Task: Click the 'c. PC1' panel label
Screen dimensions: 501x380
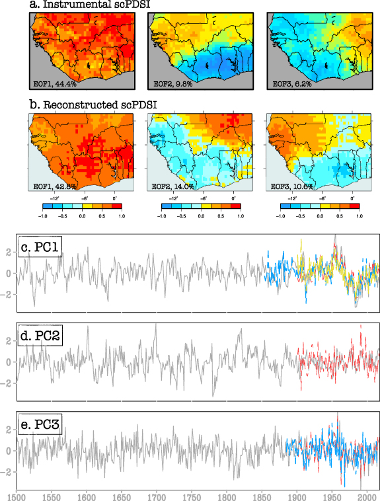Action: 41,248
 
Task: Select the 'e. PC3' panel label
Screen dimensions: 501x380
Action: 41,425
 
